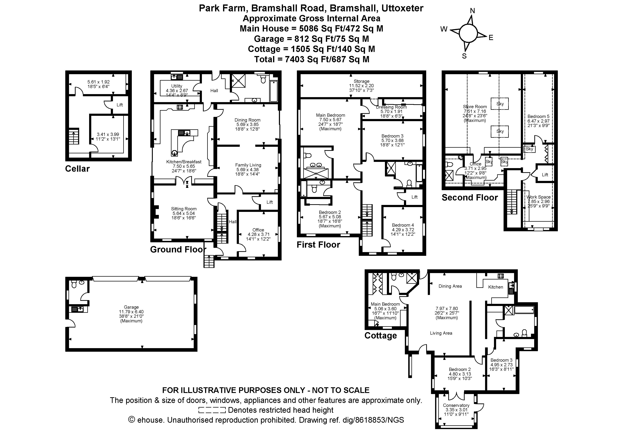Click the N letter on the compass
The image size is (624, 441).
click(472, 11)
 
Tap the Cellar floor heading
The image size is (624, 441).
click(77, 169)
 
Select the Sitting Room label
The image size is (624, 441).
click(184, 209)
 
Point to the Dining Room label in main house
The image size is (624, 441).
click(247, 120)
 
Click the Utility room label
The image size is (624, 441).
click(177, 86)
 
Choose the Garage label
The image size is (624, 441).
click(131, 307)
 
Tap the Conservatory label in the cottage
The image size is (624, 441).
click(456, 405)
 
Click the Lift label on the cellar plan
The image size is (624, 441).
click(120, 105)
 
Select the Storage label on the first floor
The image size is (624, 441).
click(361, 81)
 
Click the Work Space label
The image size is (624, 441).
click(538, 197)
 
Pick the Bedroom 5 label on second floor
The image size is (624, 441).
click(538, 116)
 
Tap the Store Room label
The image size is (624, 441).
click(475, 107)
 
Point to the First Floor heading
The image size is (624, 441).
click(318, 245)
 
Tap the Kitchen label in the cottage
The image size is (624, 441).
click(495, 287)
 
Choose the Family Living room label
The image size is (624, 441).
click(248, 165)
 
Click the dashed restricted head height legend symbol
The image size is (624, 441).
click(212, 410)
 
